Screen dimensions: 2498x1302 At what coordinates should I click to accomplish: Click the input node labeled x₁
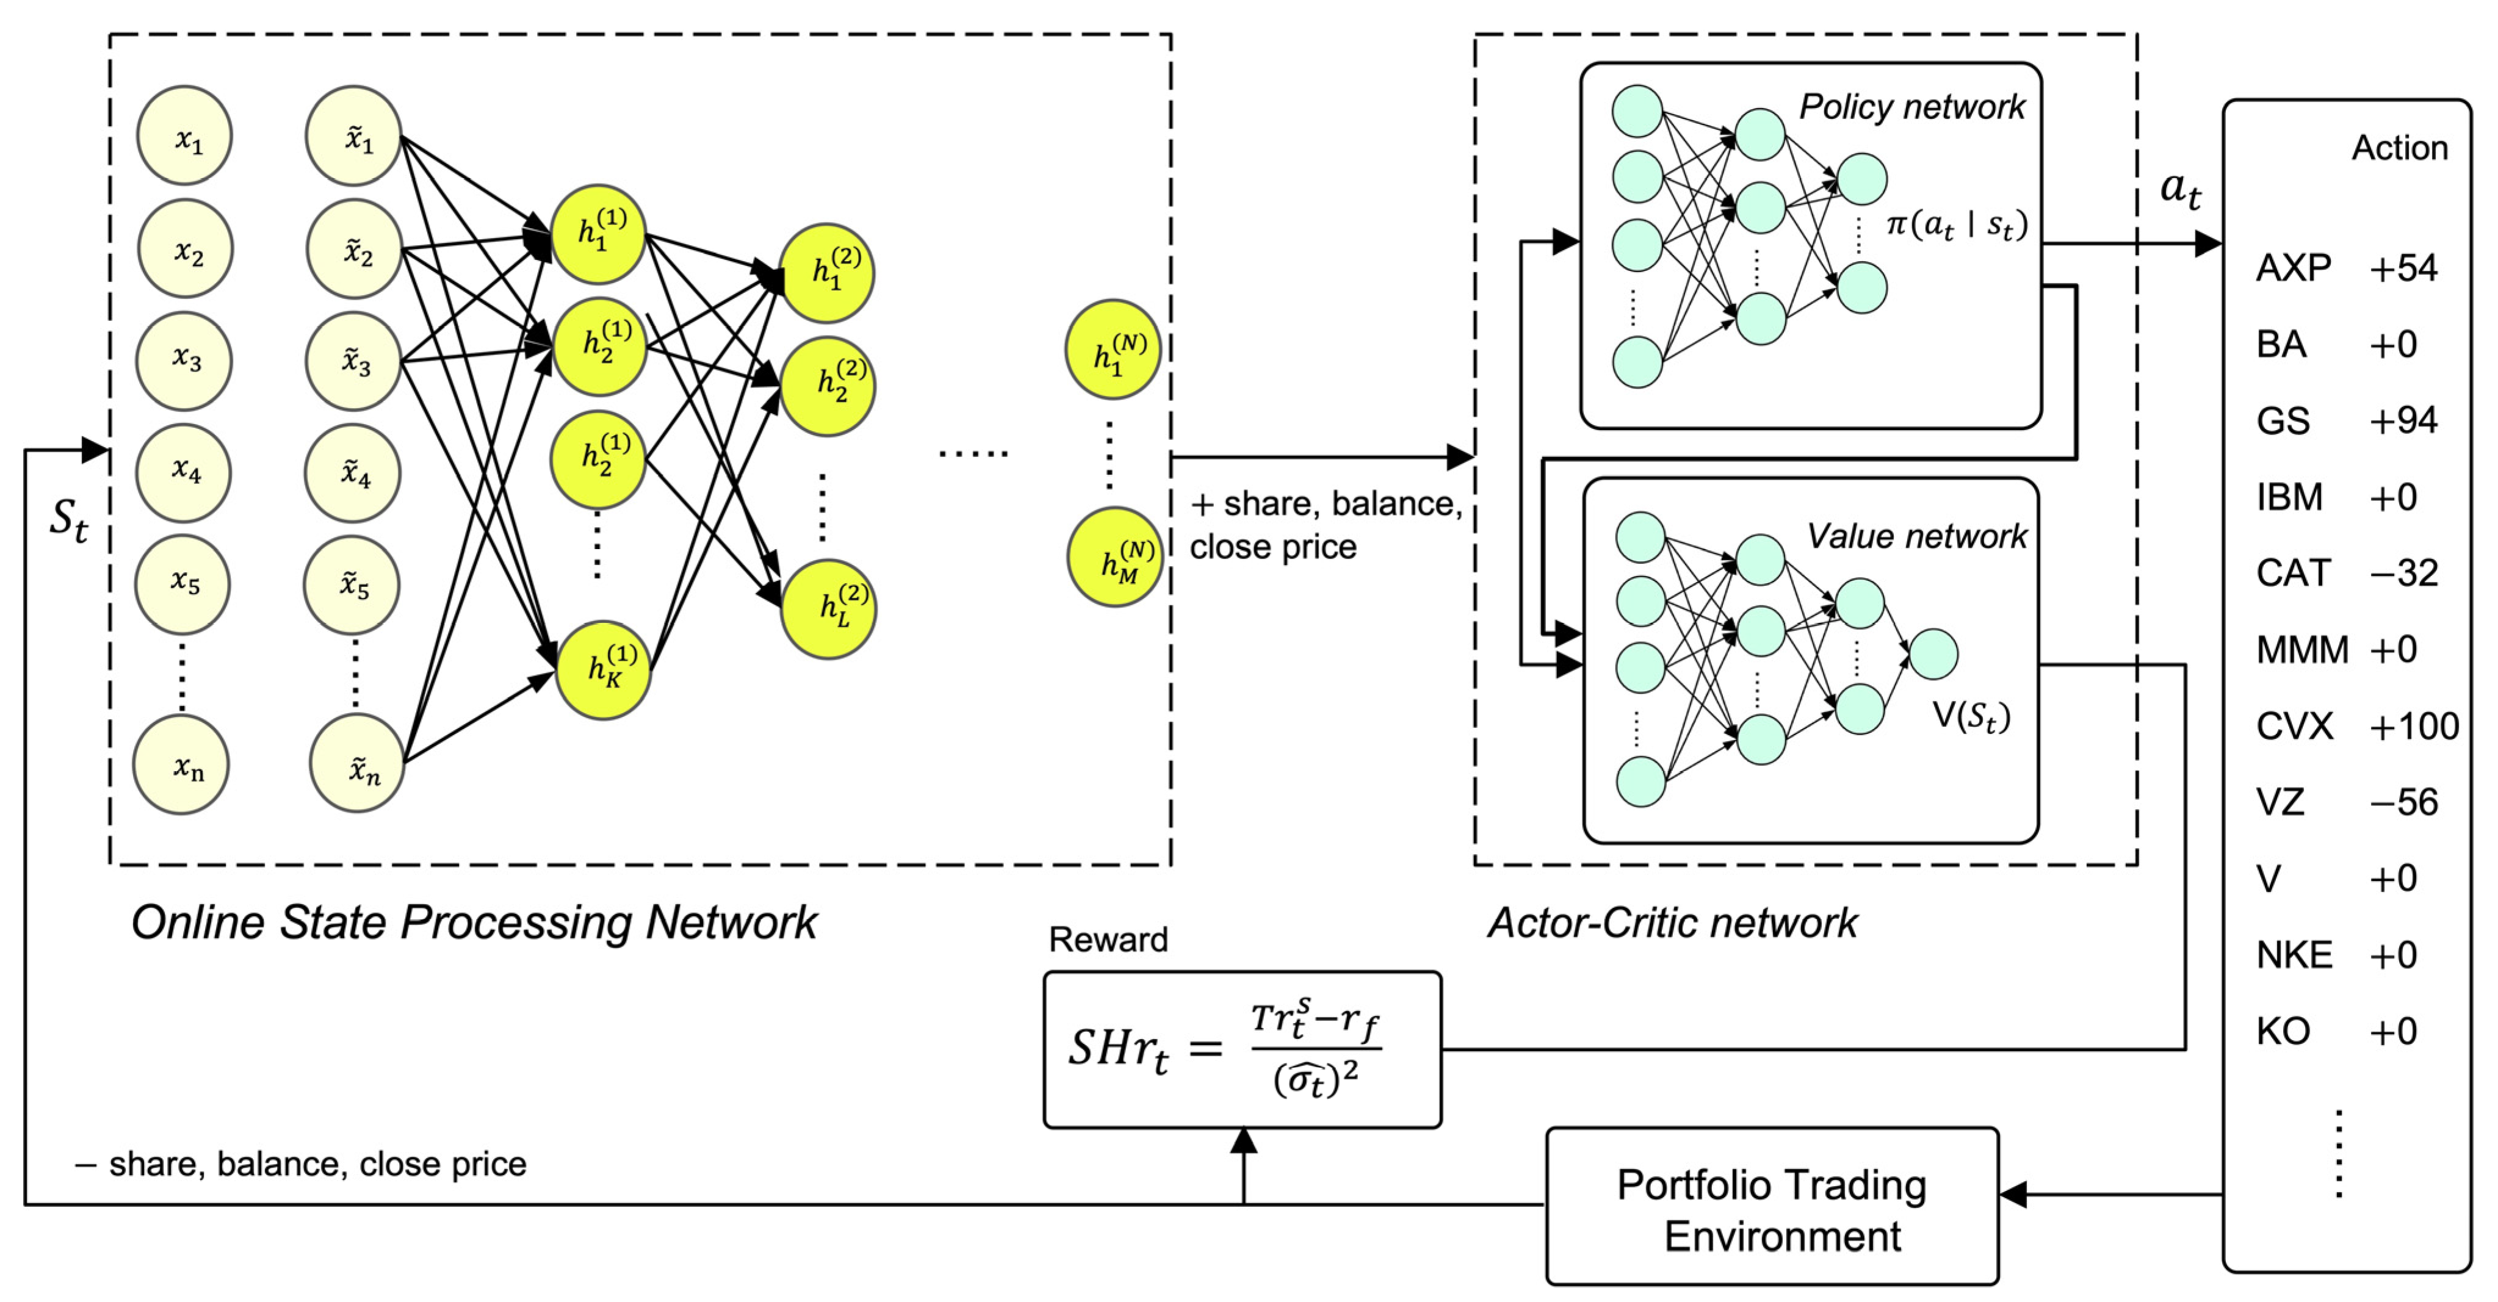coord(184,135)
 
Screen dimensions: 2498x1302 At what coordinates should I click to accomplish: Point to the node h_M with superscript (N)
coord(1115,558)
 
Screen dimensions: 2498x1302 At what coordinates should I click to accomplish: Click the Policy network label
coord(1912,107)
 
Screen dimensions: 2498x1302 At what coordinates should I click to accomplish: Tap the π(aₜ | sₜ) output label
coord(1957,226)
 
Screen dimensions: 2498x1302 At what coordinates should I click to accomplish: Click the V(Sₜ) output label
coord(1971,716)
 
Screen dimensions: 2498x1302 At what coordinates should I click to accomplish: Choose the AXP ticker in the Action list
coord(2294,268)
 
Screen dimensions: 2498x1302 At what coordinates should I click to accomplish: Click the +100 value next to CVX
coord(2414,726)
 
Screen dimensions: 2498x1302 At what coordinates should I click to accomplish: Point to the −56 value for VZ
coord(2404,802)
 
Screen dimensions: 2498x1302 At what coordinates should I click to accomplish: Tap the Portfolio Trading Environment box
coord(1772,1206)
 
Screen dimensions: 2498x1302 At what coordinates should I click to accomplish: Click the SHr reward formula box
coord(1242,1049)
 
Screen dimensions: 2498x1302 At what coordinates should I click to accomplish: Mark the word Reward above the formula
coord(1108,940)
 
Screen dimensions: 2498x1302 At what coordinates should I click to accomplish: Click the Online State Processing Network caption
coord(474,922)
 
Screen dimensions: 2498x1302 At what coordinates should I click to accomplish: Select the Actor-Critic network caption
coord(1673,922)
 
